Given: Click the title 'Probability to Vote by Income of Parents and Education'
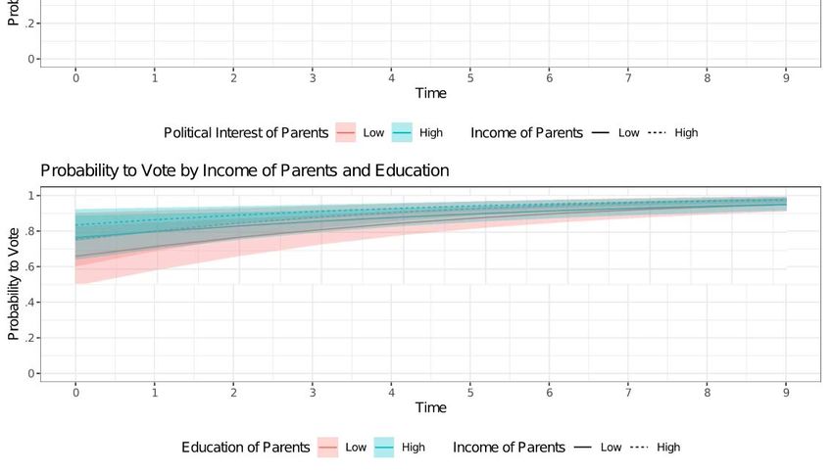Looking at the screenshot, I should click(244, 170).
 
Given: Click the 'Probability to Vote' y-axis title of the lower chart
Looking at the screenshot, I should click(14, 284).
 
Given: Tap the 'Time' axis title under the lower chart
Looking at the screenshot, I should click(430, 407).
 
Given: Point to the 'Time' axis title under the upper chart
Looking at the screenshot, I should click(430, 93).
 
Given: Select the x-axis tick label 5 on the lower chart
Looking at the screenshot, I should click(470, 391).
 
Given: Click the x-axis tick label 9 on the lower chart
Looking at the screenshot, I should click(786, 391).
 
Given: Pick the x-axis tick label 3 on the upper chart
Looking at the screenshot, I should click(313, 77).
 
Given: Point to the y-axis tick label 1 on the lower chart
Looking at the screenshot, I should click(32, 196).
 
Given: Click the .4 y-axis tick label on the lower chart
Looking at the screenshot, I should click(32, 303).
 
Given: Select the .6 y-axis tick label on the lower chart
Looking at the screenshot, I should click(32, 266).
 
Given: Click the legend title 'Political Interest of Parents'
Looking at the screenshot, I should click(246, 133).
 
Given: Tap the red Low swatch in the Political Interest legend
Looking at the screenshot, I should click(346, 133).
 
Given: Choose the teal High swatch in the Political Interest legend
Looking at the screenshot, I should click(402, 133).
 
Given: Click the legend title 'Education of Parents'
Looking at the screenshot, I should click(246, 448).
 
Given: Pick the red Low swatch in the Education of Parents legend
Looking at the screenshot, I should click(327, 448).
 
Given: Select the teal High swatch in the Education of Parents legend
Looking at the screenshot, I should click(384, 448).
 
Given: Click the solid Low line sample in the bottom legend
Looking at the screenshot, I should click(583, 448).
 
